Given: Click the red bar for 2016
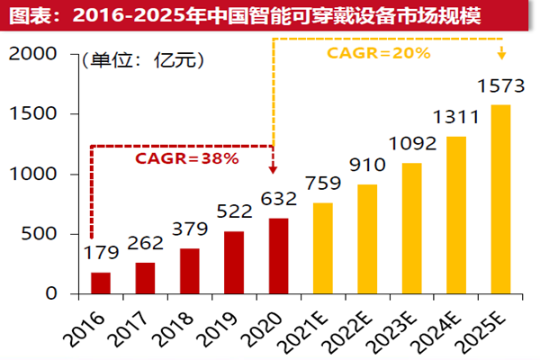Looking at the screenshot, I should click(101, 283).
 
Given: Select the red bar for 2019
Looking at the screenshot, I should click(234, 263).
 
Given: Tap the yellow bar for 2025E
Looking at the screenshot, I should click(500, 200).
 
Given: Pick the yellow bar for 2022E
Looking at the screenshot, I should click(367, 239).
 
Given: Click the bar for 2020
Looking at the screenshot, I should click(278, 256).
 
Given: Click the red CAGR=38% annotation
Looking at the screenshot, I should click(186, 158).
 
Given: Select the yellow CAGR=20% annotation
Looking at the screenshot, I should click(378, 54).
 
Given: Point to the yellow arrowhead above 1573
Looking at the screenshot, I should click(501, 59).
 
